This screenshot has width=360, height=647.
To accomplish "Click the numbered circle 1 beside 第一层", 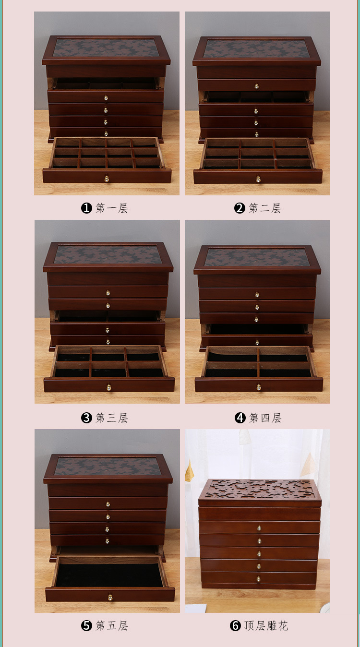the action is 86,208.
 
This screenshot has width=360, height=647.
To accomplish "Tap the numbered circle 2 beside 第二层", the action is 240,208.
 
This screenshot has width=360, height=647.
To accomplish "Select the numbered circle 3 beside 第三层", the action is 86,418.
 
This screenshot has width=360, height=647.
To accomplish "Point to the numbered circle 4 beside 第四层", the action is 240,418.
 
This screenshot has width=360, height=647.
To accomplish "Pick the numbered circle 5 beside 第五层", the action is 86,625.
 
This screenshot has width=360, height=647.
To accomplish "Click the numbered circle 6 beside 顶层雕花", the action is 235,625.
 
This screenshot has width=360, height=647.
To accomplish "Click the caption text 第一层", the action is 112,208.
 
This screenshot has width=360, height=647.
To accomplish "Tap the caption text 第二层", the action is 265,208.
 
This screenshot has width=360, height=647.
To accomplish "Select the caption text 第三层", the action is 112,418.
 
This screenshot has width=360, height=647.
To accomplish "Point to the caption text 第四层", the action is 265,418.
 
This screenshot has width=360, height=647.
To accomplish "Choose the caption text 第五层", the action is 112,625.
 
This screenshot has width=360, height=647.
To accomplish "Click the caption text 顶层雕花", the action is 266,625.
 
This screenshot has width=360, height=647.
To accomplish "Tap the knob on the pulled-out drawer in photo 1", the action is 107,179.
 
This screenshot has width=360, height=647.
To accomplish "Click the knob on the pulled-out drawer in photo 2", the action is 258,180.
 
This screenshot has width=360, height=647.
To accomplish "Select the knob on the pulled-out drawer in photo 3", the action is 109,387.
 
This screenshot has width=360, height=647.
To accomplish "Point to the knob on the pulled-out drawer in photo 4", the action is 259,387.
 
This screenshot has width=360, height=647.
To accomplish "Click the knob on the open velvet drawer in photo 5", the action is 110,597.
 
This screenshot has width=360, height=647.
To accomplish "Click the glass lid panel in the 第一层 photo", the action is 106,48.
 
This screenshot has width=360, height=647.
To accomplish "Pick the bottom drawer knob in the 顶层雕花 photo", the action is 259,579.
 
